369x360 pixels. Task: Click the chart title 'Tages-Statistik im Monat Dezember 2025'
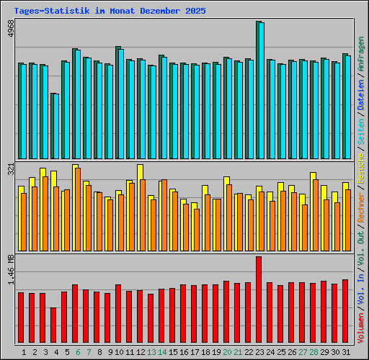(110, 12)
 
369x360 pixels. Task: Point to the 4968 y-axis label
(10, 32)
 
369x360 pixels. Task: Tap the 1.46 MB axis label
(10, 271)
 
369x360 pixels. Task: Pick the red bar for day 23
(259, 300)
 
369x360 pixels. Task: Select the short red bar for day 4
(53, 325)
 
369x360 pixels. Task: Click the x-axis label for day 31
(345, 352)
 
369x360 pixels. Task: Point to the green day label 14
(162, 352)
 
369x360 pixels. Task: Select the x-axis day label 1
(24, 352)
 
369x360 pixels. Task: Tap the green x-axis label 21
(238, 352)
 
